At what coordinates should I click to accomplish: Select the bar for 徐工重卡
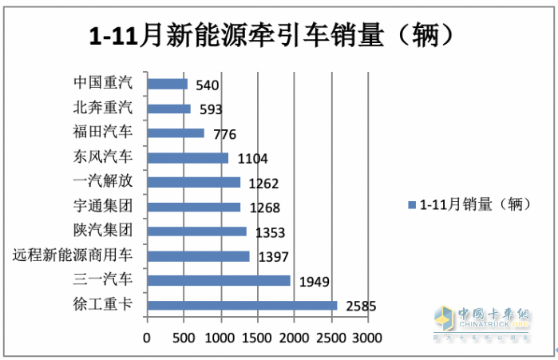click(x=242, y=305)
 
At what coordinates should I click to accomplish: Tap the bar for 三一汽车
click(x=219, y=280)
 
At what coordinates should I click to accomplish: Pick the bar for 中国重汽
click(x=167, y=83)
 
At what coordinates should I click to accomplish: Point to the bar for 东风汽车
click(x=188, y=157)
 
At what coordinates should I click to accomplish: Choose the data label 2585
click(x=360, y=306)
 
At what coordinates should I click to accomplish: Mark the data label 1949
click(x=313, y=281)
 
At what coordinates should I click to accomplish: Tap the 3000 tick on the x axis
click(x=368, y=338)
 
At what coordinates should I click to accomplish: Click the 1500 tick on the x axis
click(x=257, y=338)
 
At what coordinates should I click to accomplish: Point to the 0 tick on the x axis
click(x=146, y=338)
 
